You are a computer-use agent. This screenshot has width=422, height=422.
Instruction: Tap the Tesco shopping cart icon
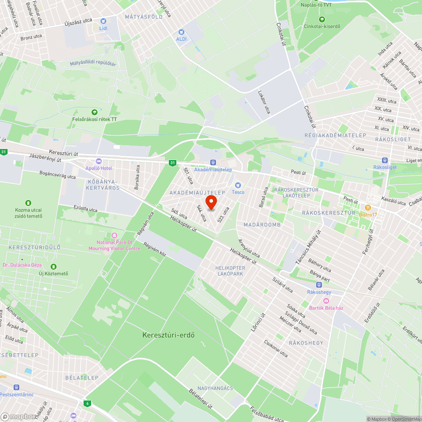tap(238, 185)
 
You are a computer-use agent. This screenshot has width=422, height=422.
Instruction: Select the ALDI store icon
tap(181, 32)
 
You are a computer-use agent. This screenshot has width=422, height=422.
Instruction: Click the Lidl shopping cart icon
tap(103, 21)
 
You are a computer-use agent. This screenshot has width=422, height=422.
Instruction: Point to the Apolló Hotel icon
tap(99, 161)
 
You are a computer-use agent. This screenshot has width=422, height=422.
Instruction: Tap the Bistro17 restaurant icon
tap(368, 207)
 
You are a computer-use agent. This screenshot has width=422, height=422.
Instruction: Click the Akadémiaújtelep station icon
tap(213, 162)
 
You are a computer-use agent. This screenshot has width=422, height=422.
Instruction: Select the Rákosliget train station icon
tap(384, 160)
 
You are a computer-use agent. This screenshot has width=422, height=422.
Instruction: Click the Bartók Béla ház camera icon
tap(326, 300)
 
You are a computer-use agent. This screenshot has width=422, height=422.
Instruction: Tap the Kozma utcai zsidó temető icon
tap(29, 203)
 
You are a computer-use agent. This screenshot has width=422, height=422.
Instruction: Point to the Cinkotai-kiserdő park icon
tap(322, 19)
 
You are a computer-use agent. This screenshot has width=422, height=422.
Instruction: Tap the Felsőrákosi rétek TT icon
tap(94, 112)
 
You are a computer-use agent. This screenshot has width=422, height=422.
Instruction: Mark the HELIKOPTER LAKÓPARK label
tap(230, 271)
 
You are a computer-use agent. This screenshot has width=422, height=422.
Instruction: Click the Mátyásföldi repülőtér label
tap(93, 64)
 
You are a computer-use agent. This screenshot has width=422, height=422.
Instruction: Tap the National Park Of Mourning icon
tap(114, 235)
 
